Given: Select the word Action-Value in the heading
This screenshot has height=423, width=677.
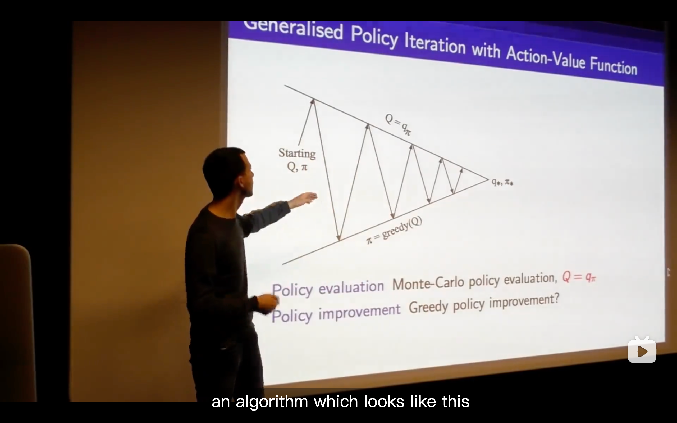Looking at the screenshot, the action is tap(545, 58).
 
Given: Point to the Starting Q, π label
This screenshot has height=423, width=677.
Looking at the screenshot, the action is tap(297, 160).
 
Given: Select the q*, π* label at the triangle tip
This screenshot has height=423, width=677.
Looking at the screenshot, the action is tap(502, 182).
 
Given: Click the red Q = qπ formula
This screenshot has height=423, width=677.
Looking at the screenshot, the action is tap(579, 277).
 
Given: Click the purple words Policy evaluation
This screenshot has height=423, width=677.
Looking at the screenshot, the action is tap(328, 289).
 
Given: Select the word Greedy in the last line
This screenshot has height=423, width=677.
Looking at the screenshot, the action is tap(429, 307).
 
